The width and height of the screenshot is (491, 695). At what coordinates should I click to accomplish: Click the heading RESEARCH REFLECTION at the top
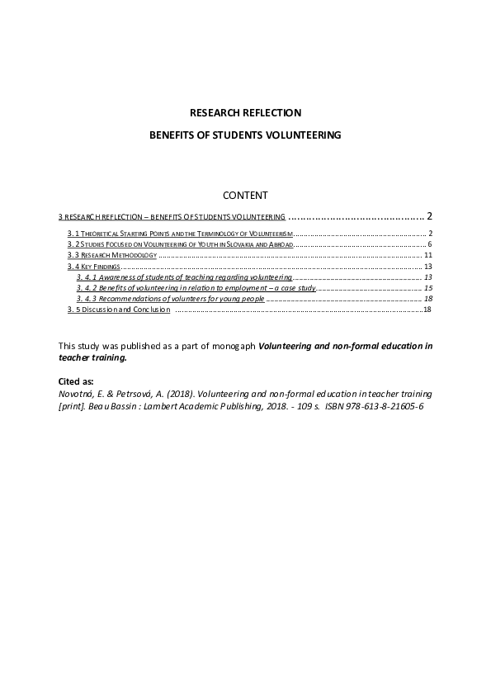point(245,112)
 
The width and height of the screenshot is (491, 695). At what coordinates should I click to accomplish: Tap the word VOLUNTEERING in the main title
point(300,134)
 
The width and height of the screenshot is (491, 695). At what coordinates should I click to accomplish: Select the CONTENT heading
point(245,196)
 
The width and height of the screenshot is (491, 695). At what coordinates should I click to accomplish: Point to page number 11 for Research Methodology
point(427,256)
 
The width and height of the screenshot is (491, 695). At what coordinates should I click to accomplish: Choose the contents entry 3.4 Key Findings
point(93,267)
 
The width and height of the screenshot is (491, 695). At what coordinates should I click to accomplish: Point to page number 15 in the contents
point(427,288)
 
